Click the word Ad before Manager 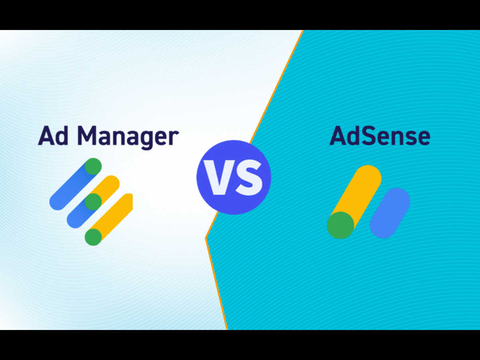tap(53, 136)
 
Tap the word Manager tap(128, 138)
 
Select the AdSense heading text tap(380, 136)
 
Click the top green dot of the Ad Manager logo tap(93, 166)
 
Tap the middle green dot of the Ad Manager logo tap(93, 202)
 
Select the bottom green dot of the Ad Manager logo tap(93, 237)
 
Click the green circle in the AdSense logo tap(340, 225)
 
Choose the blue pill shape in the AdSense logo tap(390, 213)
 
